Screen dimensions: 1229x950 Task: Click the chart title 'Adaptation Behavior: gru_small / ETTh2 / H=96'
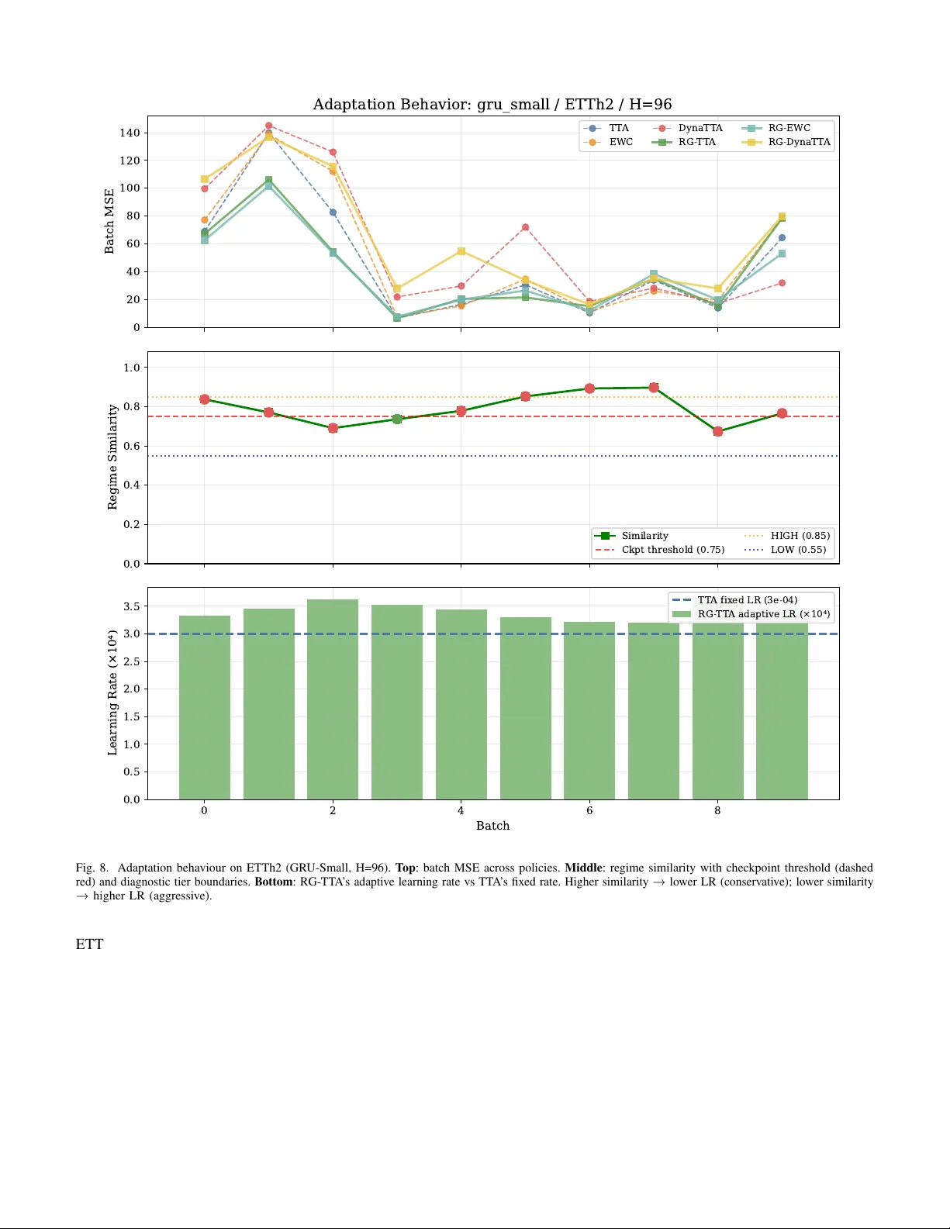pos(492,105)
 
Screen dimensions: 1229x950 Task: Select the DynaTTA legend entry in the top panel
pos(700,128)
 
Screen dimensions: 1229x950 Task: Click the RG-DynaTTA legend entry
pos(798,142)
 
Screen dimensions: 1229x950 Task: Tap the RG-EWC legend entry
pos(789,128)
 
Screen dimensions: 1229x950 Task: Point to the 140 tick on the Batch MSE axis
pos(130,133)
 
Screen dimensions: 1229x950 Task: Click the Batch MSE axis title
pos(109,221)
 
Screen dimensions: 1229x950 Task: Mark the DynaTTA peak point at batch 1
pos(268,126)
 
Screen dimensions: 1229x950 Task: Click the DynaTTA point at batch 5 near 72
pos(525,227)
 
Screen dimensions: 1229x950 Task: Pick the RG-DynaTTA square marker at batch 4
pos(461,251)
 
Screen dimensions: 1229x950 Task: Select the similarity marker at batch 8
pos(717,431)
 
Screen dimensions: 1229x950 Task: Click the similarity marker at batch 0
pos(205,399)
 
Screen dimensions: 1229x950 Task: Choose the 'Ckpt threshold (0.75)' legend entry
pos(672,550)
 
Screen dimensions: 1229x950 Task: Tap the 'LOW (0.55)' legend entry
pos(798,550)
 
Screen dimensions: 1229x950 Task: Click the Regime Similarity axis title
pos(112,457)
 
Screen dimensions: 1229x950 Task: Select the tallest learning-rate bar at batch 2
pos(333,698)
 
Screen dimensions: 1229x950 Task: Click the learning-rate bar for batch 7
pos(654,709)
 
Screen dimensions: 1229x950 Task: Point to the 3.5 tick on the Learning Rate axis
pos(132,606)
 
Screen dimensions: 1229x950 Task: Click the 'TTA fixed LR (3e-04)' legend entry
pos(747,600)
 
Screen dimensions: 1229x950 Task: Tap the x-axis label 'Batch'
pos(492,826)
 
